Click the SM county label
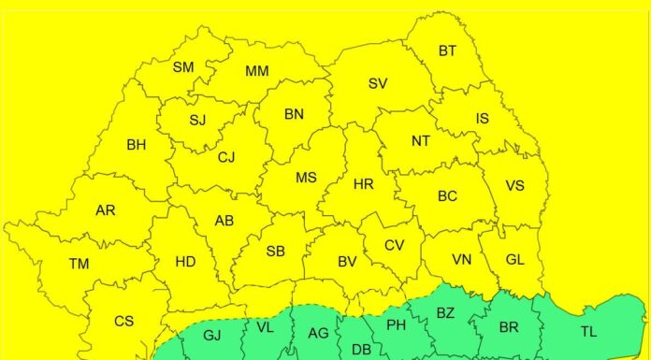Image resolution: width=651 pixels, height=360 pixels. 183,67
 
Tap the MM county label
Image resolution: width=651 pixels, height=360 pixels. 257,71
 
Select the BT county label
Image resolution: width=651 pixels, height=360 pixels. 447,51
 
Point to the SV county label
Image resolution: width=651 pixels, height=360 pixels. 378,84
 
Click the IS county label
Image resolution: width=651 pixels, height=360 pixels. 482,119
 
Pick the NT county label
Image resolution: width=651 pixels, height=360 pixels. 421,141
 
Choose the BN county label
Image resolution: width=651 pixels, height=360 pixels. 294,115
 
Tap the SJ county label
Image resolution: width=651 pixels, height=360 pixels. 197,120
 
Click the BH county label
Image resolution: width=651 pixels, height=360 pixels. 137,145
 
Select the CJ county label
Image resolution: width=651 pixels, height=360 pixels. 226,158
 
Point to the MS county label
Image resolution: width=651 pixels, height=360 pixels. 306,178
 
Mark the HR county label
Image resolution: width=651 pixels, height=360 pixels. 364,184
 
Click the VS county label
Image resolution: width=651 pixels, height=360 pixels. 514,185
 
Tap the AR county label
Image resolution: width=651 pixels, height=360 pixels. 106,210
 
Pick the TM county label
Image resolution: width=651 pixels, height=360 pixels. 79,264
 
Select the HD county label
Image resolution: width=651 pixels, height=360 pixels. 185,262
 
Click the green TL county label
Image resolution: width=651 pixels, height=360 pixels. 588,331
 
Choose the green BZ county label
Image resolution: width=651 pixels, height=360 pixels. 445,313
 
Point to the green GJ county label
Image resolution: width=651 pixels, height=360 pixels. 212,335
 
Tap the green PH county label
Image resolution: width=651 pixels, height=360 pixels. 396,325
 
